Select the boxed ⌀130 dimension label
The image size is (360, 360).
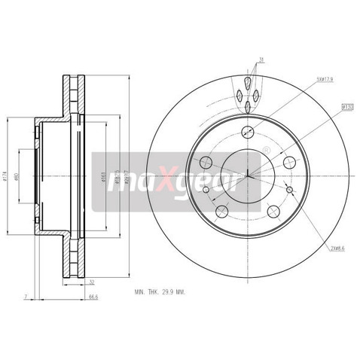[347, 106]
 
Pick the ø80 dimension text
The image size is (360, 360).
[26, 178]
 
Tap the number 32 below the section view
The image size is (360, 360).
[91, 282]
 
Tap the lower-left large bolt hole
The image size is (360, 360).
[221, 211]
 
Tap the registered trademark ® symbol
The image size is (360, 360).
[267, 152]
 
